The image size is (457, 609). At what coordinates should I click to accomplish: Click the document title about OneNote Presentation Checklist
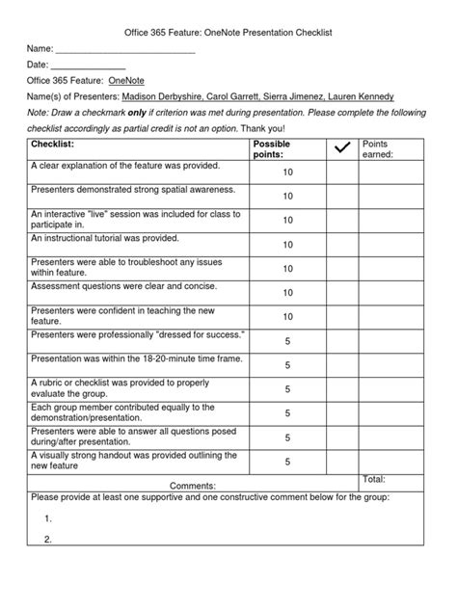[x=228, y=32]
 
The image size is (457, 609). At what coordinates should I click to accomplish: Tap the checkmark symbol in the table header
[x=341, y=147]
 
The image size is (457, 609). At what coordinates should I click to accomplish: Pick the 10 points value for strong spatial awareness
[x=287, y=196]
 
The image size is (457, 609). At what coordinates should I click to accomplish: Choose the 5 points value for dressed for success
[x=287, y=341]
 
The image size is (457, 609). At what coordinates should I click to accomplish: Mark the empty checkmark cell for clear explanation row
[x=341, y=172]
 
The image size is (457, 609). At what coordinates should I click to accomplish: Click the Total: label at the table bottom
[x=373, y=479]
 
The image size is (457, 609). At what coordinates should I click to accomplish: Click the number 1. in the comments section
[x=47, y=518]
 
